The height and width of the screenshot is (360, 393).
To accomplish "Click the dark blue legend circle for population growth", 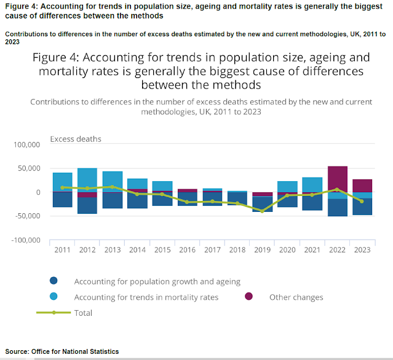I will (54, 281).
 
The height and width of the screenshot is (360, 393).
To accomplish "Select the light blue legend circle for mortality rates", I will (54, 297).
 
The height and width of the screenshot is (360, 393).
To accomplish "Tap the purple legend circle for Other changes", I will (250, 297).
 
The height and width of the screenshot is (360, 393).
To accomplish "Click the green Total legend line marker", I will (54, 313).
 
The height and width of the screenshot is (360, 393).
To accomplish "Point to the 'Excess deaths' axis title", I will (75, 139).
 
